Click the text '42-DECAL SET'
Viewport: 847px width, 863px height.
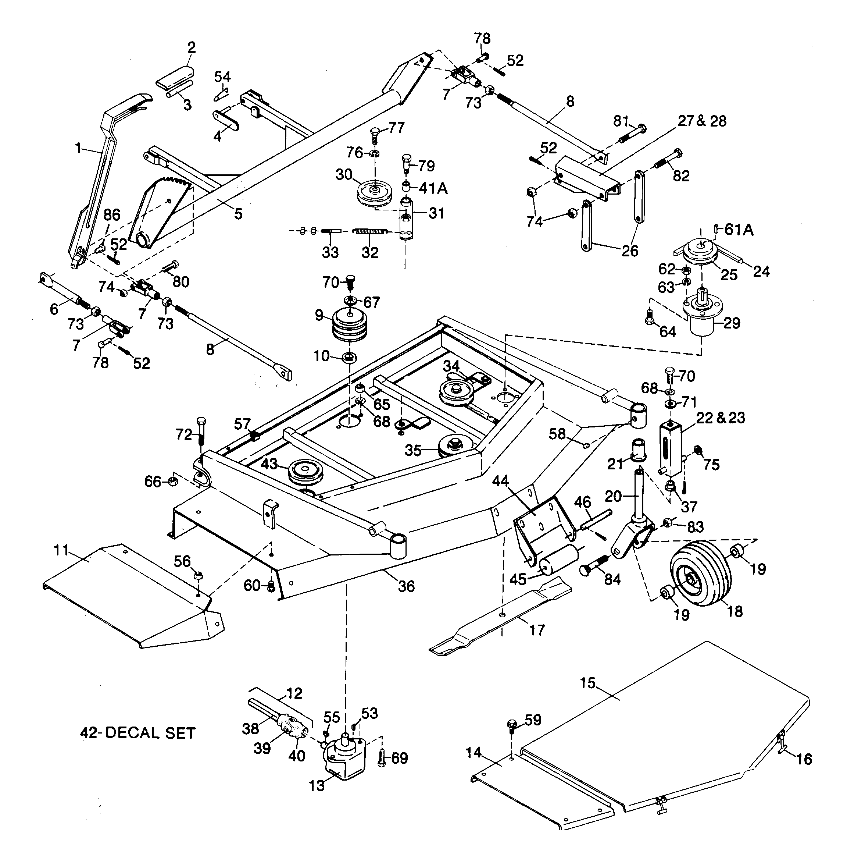coord(137,733)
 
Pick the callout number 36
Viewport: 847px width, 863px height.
coord(406,586)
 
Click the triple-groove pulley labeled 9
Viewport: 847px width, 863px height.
coord(349,324)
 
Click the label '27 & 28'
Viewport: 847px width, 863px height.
coord(703,121)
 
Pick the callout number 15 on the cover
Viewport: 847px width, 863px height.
coord(588,683)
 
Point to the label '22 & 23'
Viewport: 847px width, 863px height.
coord(721,418)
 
